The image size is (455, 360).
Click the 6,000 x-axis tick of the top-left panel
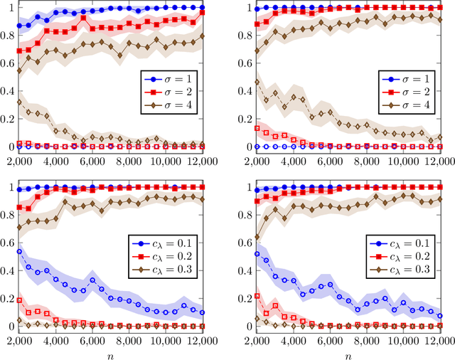point(93,161)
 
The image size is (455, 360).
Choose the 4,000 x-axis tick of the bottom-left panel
point(55,341)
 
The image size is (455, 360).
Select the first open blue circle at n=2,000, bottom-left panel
point(19,251)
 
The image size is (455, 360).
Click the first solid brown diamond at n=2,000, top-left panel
point(19,70)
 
